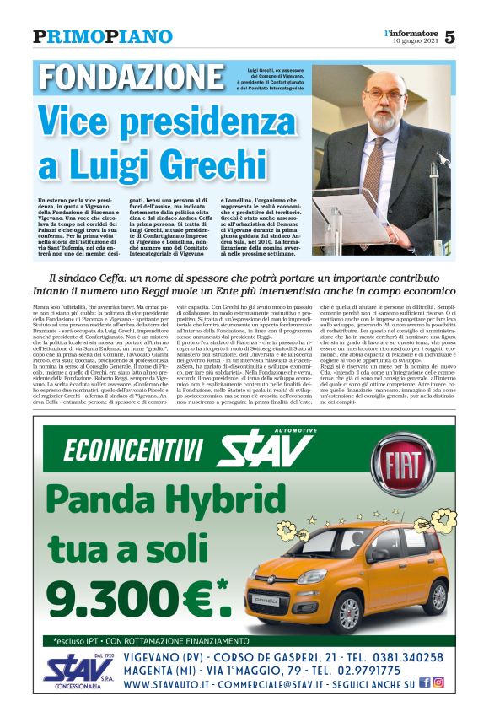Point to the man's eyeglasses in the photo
point(384,94)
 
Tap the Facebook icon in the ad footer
point(424,682)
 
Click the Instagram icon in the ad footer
point(438,682)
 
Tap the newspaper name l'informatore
point(411,32)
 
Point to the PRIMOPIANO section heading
point(103,36)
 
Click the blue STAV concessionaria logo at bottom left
point(78,669)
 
